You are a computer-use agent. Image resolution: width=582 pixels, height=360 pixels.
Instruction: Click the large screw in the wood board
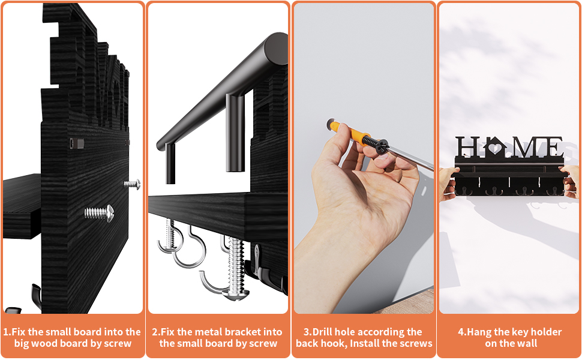[x=99, y=213]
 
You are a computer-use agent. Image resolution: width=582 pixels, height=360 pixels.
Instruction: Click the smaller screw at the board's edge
[x=132, y=184]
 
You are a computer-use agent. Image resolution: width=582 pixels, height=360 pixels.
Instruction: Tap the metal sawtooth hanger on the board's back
[x=77, y=143]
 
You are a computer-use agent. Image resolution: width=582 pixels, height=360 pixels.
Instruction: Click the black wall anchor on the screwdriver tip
[x=376, y=144]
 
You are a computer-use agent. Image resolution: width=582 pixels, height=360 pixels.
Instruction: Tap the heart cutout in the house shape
[x=495, y=148]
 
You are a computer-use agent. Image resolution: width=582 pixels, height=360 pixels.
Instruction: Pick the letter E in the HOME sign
[x=553, y=147]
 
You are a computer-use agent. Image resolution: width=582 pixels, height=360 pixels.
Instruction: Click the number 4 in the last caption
[x=461, y=332]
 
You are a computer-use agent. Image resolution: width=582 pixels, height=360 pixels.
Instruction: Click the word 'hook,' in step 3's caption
[x=337, y=343]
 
